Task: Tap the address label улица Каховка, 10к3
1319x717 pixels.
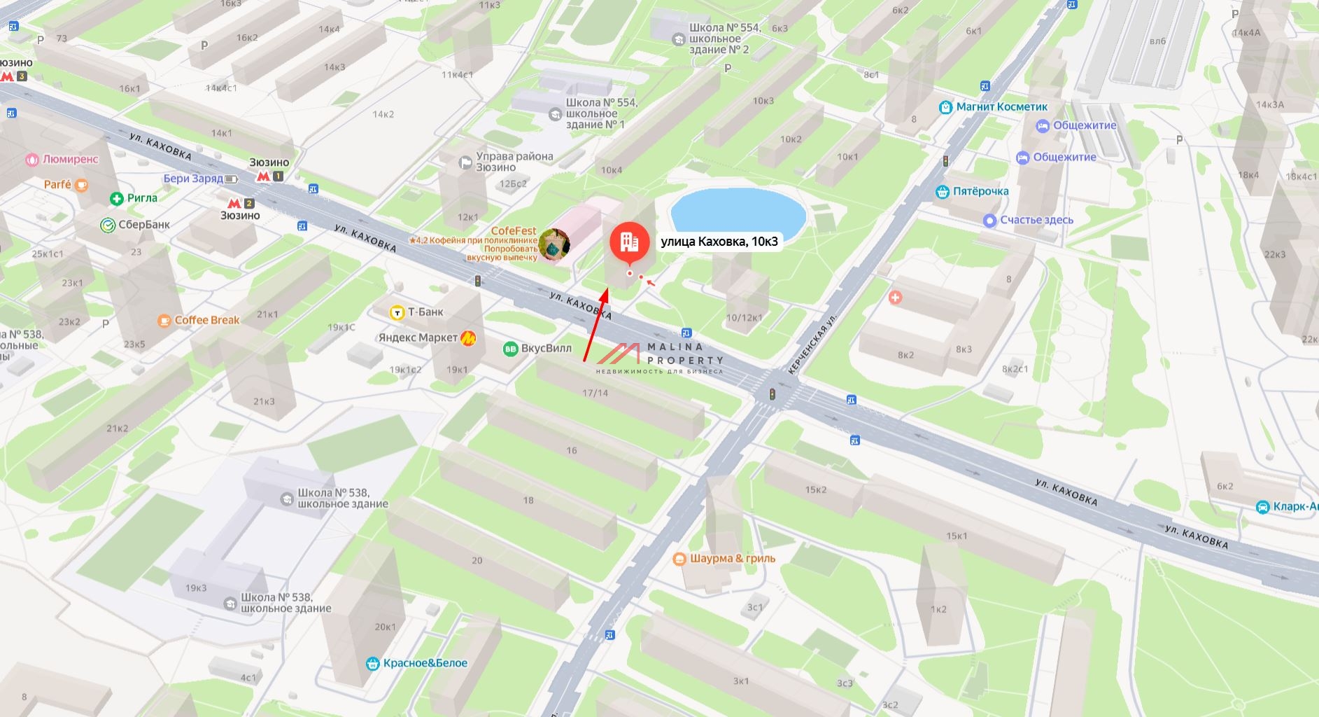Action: coord(719,242)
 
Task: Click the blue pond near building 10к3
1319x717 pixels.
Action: coord(738,212)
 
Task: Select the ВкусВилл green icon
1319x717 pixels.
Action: coord(511,349)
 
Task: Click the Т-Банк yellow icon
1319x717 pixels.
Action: coord(397,312)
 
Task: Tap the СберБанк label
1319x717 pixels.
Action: coord(144,225)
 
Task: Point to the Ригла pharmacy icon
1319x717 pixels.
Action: coord(117,199)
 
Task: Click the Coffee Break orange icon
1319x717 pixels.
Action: coord(164,321)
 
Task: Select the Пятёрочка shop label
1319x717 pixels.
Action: coord(980,191)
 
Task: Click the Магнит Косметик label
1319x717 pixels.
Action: coord(1001,107)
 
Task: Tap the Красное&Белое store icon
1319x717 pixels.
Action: coord(373,663)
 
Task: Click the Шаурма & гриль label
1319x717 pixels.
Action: coord(733,559)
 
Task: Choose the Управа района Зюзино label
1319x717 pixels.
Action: coord(514,162)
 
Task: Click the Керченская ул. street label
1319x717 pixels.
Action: coord(812,344)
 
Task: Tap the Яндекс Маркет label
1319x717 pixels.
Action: coord(418,337)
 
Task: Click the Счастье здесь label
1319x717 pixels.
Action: coord(1036,220)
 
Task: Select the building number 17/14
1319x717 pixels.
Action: coord(595,393)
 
